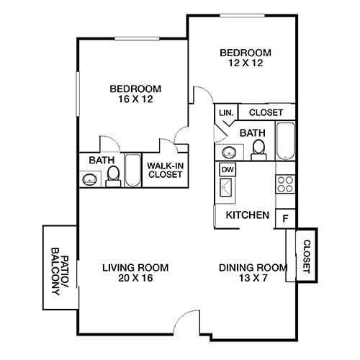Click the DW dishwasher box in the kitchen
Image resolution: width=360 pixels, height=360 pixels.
click(228, 170)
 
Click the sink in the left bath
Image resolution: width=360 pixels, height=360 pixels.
click(91, 179)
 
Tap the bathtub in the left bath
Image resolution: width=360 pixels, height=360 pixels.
click(133, 171)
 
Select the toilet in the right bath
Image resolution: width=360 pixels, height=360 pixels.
click(258, 148)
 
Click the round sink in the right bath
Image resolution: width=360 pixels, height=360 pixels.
click(230, 152)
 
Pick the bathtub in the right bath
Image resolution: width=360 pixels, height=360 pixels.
click(285, 141)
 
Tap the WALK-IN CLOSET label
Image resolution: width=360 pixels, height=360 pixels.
click(164, 170)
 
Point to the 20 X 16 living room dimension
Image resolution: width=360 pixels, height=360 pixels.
click(129, 278)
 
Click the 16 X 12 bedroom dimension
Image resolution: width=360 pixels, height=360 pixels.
click(135, 100)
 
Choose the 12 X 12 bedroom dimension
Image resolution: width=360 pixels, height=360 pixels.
click(245, 63)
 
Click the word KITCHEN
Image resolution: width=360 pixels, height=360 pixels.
click(248, 215)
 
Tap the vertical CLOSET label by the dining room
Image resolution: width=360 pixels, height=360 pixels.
click(306, 256)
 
